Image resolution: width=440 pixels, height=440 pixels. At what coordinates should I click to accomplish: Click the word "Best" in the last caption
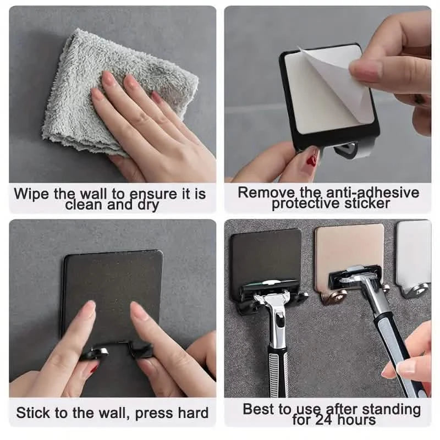tap(259, 409)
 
